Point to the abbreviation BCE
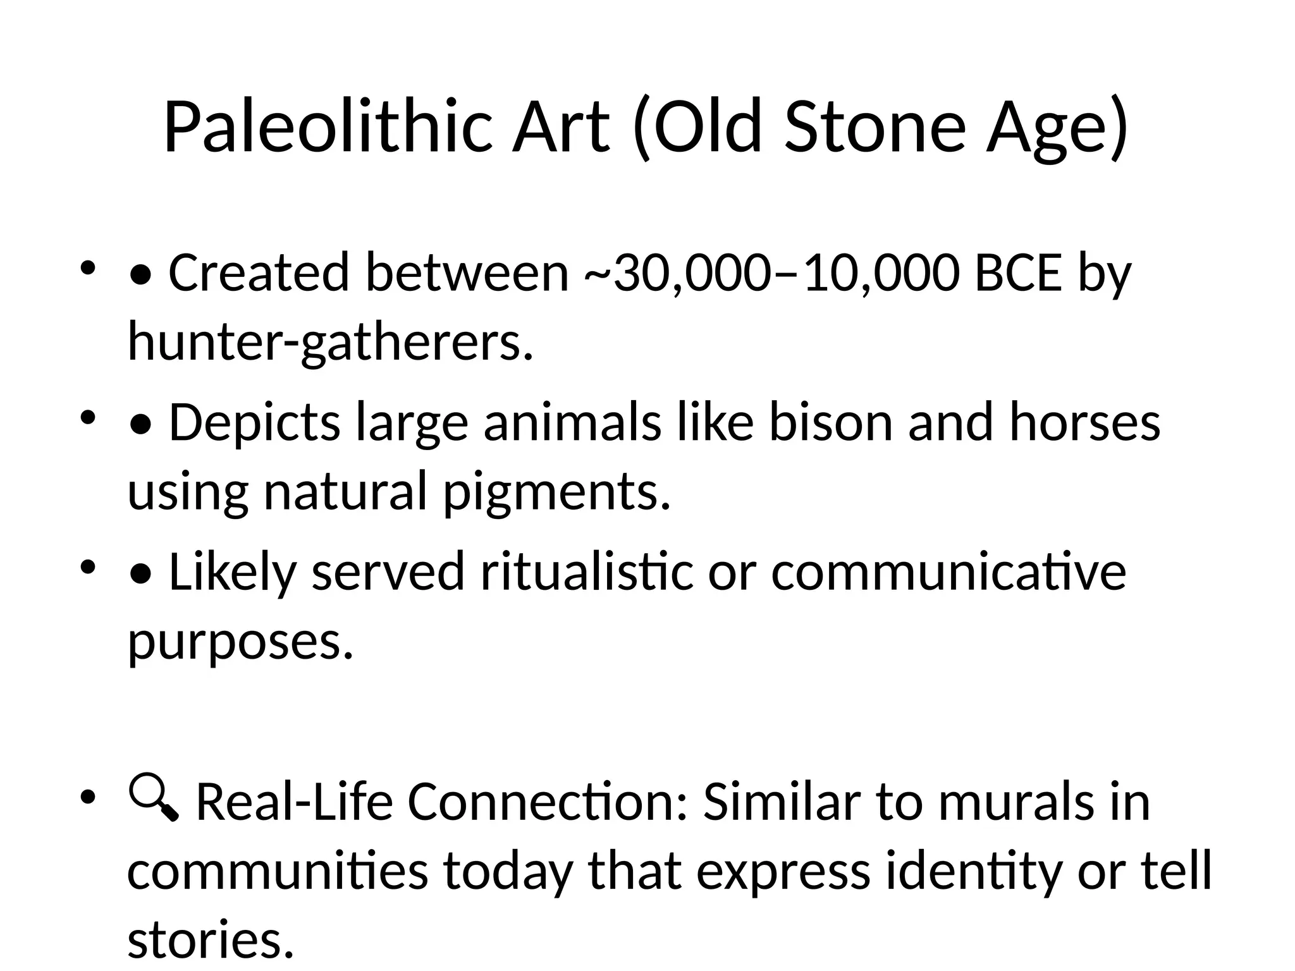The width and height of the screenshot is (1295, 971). click(1018, 274)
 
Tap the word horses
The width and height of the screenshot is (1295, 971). click(1084, 422)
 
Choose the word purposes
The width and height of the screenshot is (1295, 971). click(240, 640)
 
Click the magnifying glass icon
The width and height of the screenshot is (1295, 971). click(154, 799)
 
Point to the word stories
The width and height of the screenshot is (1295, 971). click(211, 939)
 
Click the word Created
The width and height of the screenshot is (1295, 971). click(259, 274)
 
